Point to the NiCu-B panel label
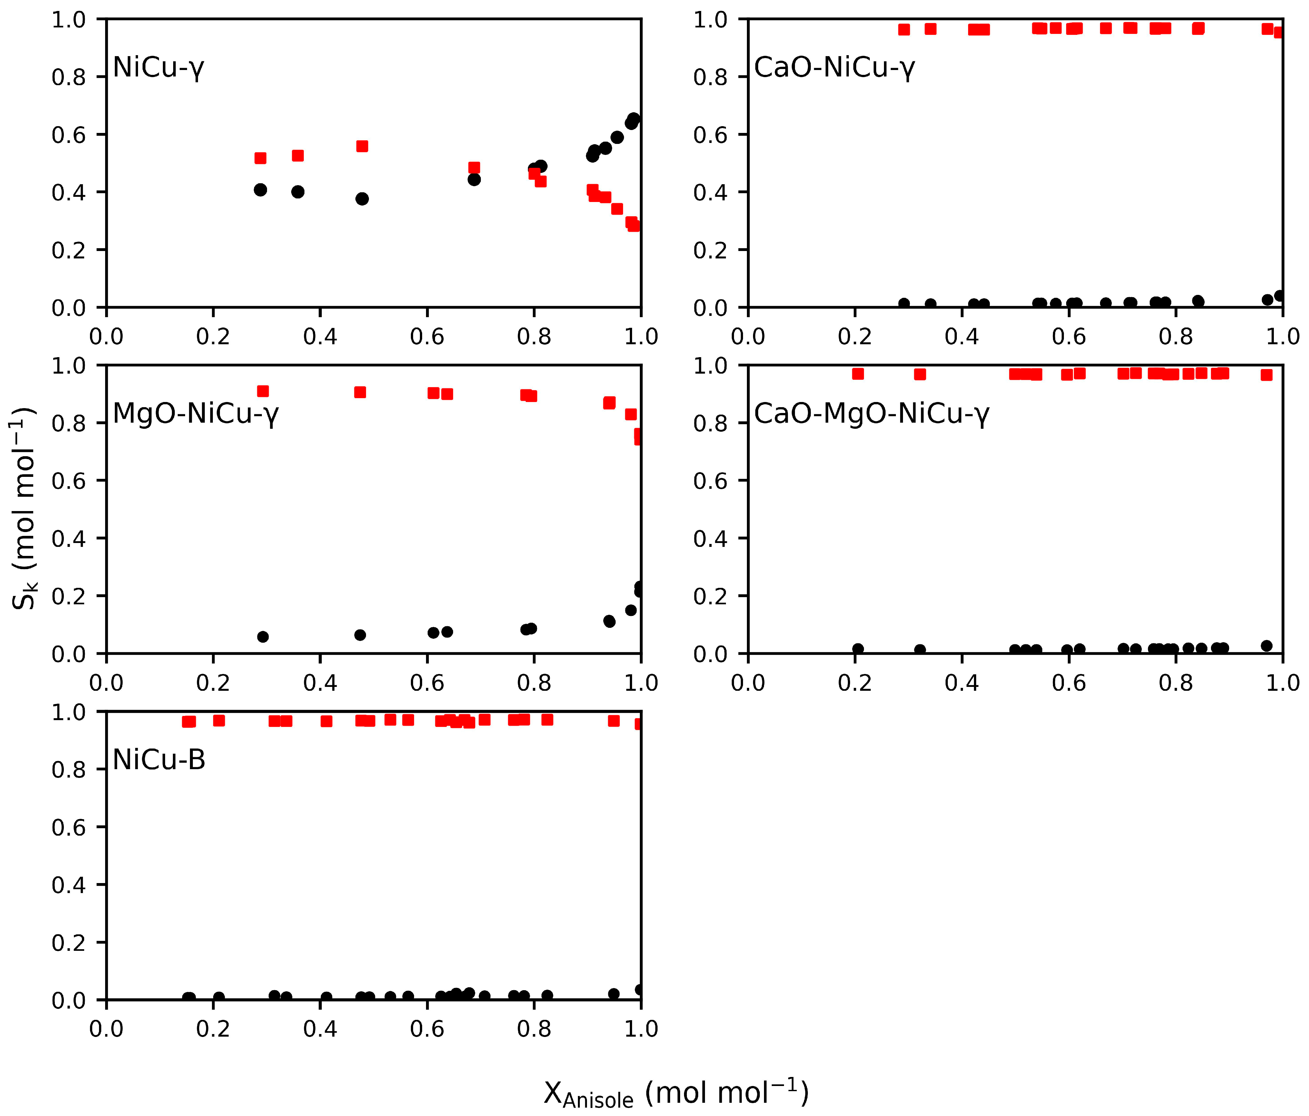tap(159, 759)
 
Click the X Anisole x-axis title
tap(676, 1093)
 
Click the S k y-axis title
tap(24, 509)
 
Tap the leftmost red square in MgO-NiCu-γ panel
tap(263, 391)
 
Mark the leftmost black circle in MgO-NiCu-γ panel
tap(263, 636)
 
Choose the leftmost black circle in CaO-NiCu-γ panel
tap(904, 303)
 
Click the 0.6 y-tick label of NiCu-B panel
tap(68, 827)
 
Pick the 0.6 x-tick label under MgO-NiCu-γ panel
tap(427, 682)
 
